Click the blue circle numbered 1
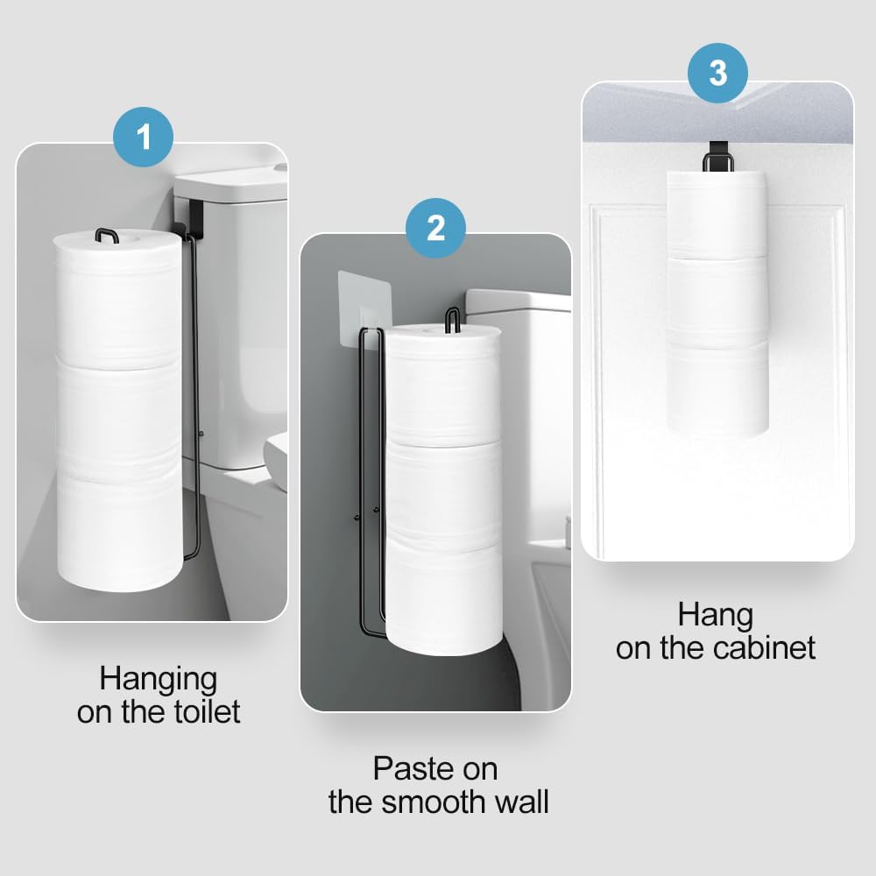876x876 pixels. point(144,138)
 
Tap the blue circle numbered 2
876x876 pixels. point(435,228)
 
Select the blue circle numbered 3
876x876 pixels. point(717,73)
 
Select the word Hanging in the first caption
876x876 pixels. point(158,678)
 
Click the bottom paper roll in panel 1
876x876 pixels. point(117,530)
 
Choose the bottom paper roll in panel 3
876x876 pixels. point(718,392)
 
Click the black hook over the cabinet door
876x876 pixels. point(718,161)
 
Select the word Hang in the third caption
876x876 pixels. point(715,615)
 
